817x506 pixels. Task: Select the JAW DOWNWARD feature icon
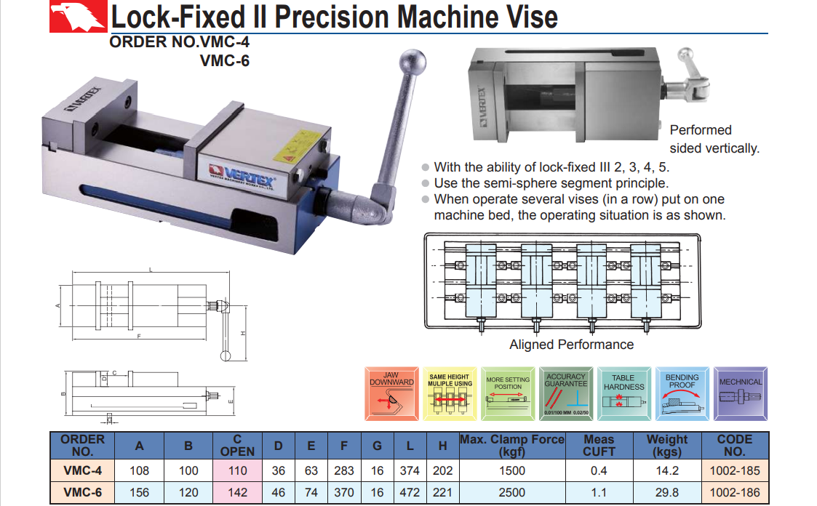(x=391, y=393)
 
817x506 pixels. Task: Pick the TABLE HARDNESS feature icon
(x=623, y=393)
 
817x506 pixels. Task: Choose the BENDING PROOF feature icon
(x=682, y=393)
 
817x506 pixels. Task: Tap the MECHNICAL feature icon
(x=741, y=393)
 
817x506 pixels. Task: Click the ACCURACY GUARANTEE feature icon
(x=565, y=393)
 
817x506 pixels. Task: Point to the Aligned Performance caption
(x=571, y=345)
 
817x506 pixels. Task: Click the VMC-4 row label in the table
(x=82, y=471)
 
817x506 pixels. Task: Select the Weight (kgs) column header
(x=666, y=445)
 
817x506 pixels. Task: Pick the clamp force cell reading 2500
(x=512, y=492)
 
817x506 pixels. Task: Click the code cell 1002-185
(x=734, y=471)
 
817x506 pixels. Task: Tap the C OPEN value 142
(x=238, y=492)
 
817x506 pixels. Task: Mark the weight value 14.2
(x=666, y=471)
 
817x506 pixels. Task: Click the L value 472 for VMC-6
(x=410, y=492)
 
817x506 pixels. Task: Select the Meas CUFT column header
(x=599, y=445)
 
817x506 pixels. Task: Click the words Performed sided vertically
(x=714, y=139)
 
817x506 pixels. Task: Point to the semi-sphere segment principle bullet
(x=551, y=183)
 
